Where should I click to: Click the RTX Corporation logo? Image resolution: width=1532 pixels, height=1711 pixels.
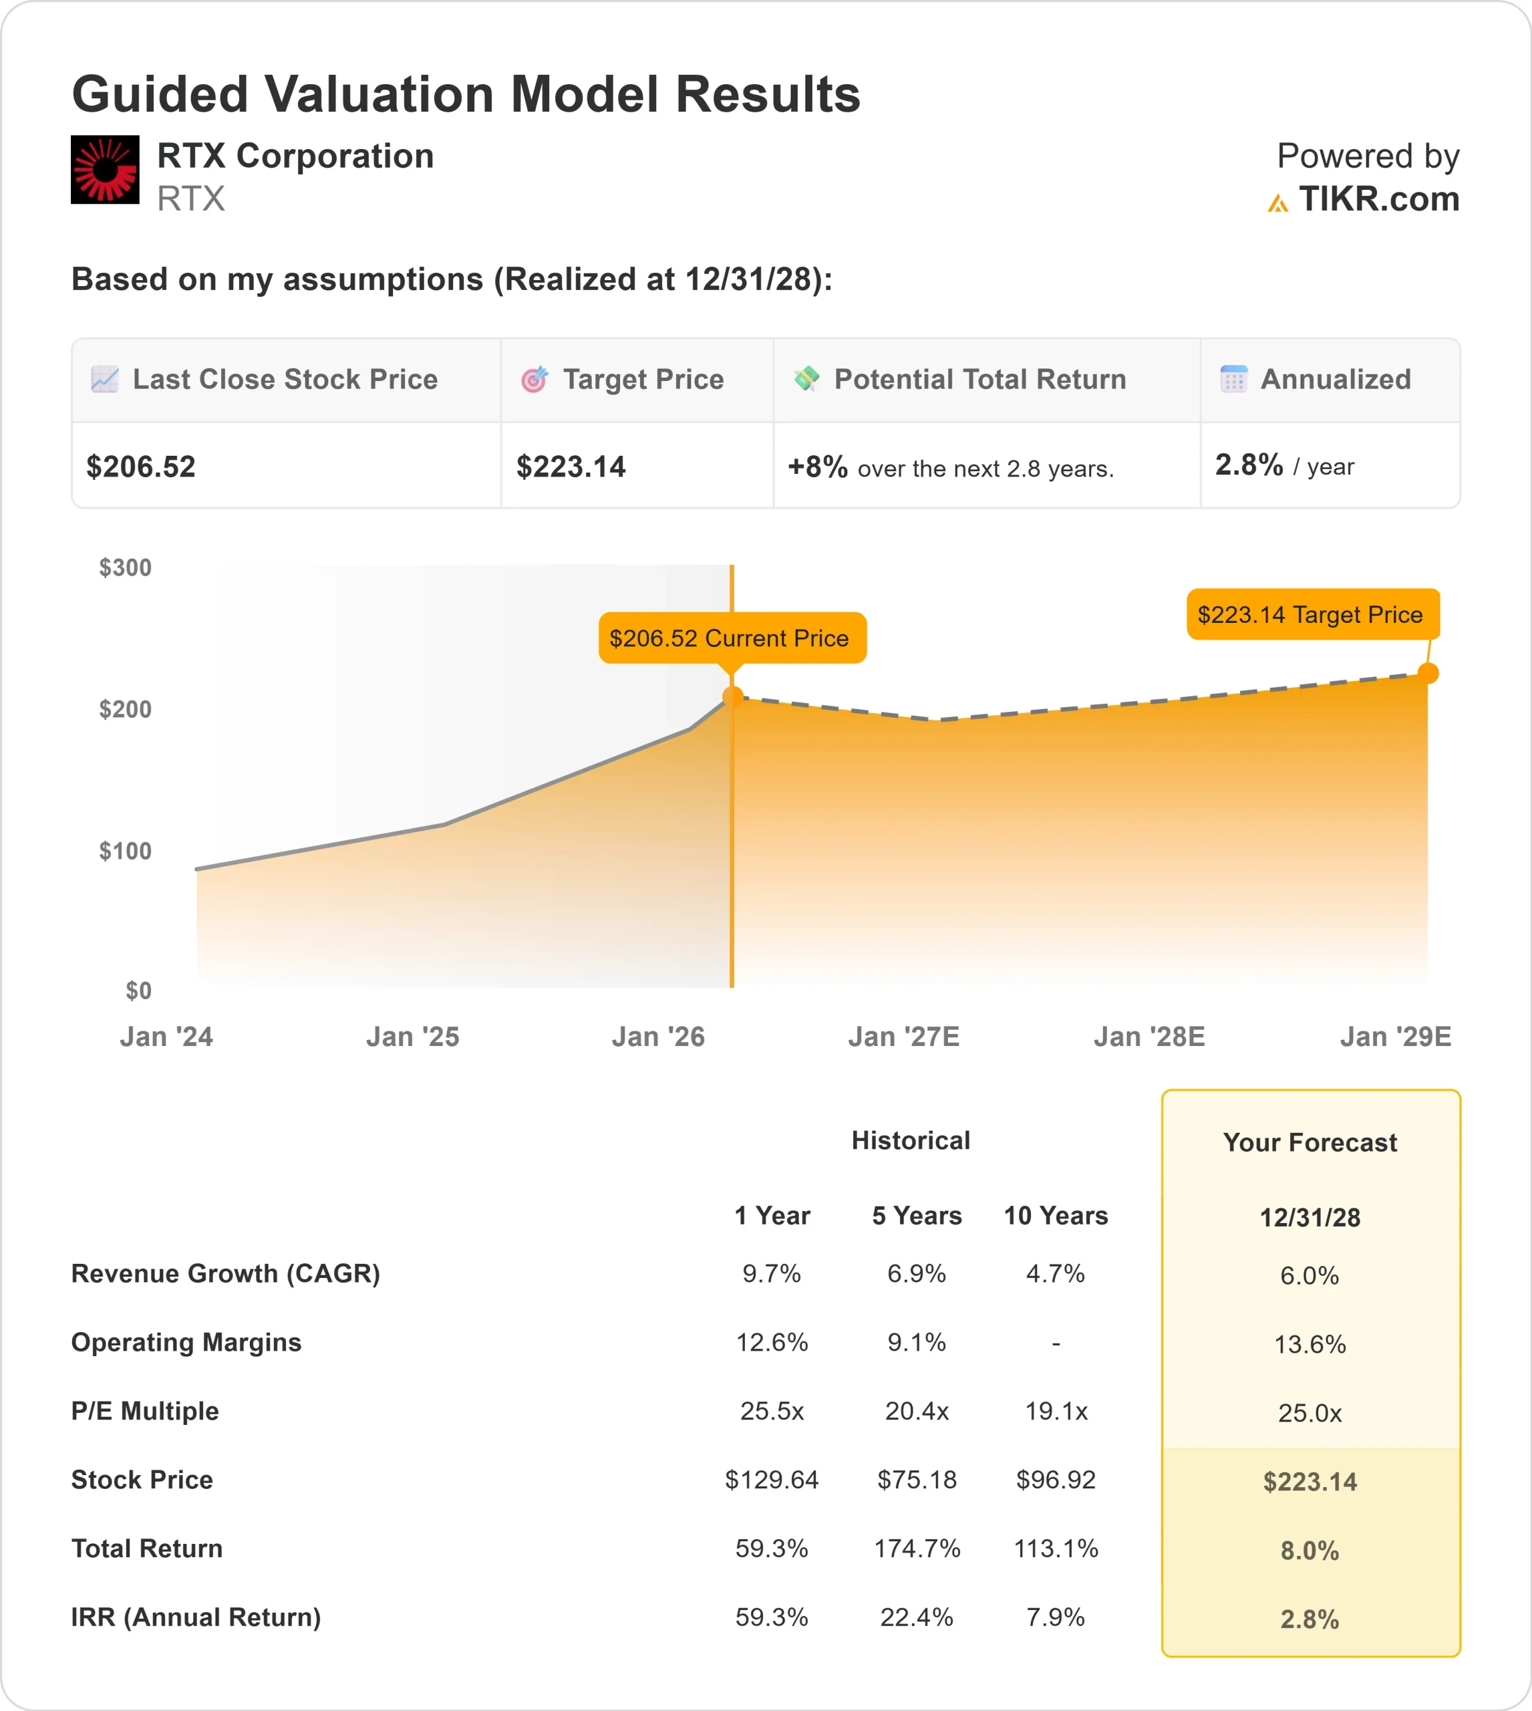105,169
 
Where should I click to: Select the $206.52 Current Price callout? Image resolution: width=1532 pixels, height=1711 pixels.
732,638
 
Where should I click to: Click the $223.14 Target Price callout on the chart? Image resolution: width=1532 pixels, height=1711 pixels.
1312,615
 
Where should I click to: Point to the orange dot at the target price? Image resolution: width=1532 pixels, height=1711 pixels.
1428,673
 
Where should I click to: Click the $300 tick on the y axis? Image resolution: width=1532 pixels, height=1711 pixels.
126,567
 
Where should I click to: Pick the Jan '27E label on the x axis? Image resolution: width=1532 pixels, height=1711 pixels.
903,1037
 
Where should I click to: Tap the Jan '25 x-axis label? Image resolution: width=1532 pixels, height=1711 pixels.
412,1037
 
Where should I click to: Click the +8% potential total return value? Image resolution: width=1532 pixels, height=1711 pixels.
817,467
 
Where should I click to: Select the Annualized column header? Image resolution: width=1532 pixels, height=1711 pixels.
1335,380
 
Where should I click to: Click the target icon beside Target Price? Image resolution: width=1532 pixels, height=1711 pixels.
534,380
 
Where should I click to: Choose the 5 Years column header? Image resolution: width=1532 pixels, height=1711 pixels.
917,1216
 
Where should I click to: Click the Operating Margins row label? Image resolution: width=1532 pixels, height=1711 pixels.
186,1342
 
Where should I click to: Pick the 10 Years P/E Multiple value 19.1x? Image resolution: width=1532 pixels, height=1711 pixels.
1056,1411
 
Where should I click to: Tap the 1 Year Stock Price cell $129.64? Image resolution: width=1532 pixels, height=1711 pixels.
771,1480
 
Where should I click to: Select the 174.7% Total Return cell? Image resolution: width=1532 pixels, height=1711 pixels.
917,1549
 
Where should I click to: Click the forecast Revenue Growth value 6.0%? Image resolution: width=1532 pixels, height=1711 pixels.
1310,1276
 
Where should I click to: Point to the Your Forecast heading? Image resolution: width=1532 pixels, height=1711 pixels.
1310,1143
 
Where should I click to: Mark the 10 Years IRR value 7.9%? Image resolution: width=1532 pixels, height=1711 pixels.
1056,1617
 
